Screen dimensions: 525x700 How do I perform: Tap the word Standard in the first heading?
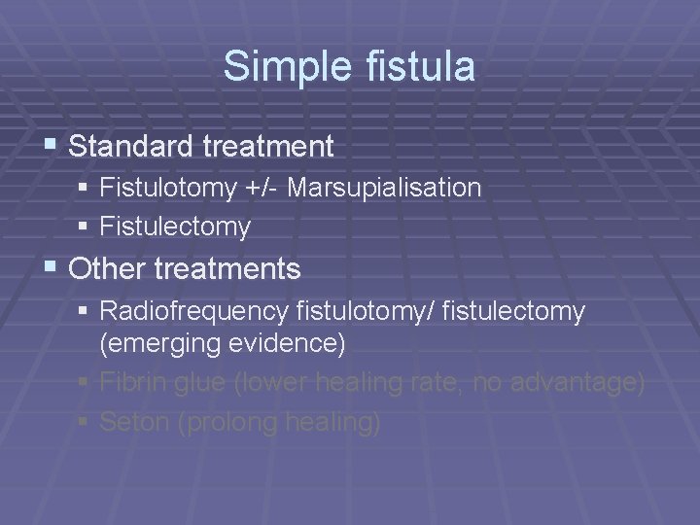128,147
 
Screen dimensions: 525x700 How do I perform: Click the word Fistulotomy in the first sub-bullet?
167,187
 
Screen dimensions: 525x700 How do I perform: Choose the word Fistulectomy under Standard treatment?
175,227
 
